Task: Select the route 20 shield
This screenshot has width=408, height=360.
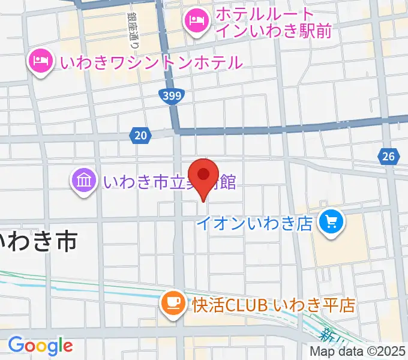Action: [140, 136]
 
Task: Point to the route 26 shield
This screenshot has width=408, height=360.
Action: [389, 157]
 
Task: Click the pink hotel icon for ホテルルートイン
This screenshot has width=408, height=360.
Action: [196, 23]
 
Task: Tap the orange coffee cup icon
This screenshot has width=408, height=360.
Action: [173, 303]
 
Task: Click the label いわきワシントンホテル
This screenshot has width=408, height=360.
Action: [149, 62]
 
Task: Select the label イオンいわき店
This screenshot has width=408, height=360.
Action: [256, 224]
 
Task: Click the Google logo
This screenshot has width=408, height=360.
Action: [40, 346]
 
